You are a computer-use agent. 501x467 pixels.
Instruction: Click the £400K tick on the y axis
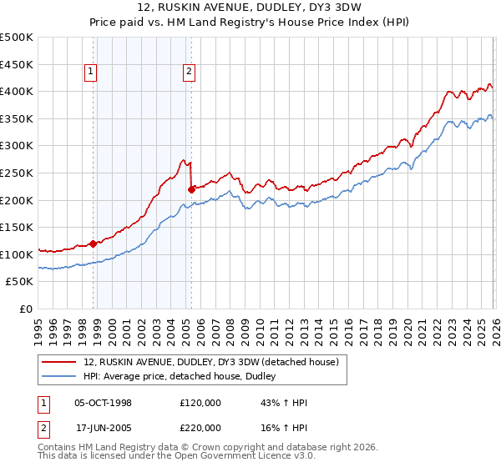pyautogui.click(x=17, y=91)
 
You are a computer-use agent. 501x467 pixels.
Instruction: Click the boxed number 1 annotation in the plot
pyautogui.click(x=90, y=73)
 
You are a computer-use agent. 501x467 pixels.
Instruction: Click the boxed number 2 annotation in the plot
pyautogui.click(x=190, y=73)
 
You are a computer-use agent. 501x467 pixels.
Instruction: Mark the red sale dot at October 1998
pyautogui.click(x=94, y=244)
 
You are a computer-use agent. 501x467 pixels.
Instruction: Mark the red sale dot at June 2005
pyautogui.click(x=191, y=188)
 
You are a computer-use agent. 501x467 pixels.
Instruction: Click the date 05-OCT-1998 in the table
pyautogui.click(x=104, y=403)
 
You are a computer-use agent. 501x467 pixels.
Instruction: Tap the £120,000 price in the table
pyautogui.click(x=200, y=403)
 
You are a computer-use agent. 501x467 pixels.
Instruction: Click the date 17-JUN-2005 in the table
pyautogui.click(x=104, y=427)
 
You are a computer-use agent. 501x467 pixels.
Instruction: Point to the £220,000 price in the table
pyautogui.click(x=200, y=427)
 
